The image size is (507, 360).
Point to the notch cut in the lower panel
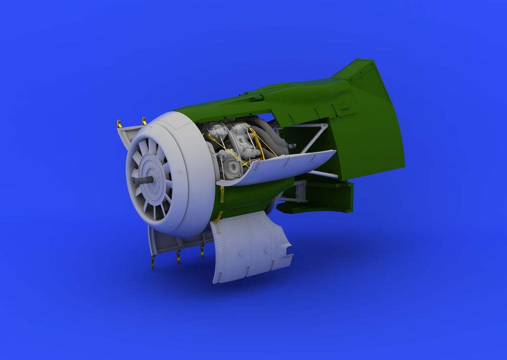tap(287, 248)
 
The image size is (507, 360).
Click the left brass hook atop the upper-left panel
tap(119, 124)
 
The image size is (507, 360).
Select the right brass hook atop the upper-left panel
tap(144, 121)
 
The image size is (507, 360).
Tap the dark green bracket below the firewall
tap(324, 195)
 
